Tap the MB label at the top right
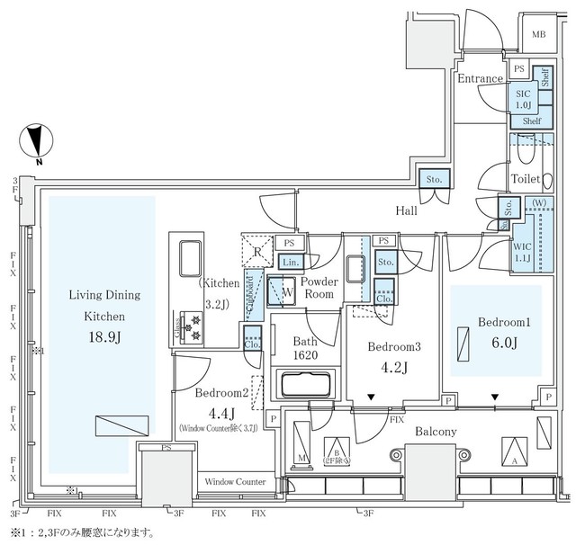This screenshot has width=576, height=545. [537, 35]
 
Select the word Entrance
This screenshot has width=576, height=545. [479, 79]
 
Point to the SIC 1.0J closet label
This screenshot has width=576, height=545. [522, 97]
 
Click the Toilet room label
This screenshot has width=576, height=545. [525, 179]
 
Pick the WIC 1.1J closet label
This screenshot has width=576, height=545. [523, 252]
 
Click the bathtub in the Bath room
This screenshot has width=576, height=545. [309, 385]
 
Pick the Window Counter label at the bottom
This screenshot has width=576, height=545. [235, 482]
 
